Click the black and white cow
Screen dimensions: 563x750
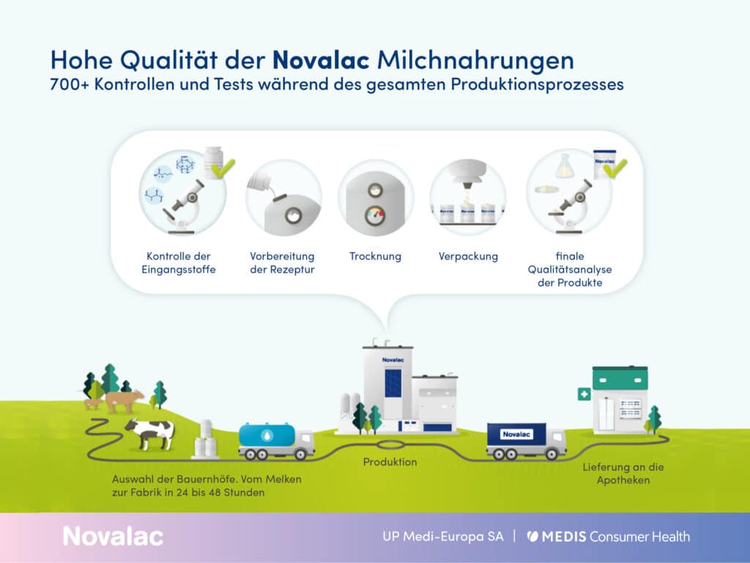tap(149, 433)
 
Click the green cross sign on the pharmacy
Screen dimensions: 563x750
tap(584, 394)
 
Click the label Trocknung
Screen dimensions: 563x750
tap(375, 257)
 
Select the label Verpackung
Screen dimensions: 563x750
tap(468, 257)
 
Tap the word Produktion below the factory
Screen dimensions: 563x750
tap(390, 462)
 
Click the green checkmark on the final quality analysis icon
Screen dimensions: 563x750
tap(614, 169)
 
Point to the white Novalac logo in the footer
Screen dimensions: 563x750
tap(113, 536)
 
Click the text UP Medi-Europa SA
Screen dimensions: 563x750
tap(442, 536)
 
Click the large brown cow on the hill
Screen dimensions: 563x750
tap(124, 400)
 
